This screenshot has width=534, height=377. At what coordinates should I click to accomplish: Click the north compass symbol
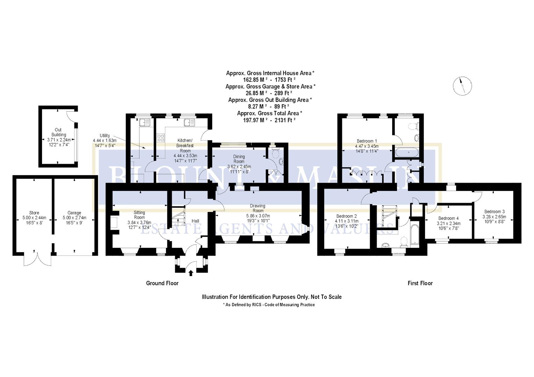point(462,86)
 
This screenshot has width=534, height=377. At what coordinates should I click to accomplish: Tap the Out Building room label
point(58,132)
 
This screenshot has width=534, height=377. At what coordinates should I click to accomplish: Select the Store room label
point(34,213)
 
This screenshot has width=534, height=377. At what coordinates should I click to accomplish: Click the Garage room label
point(74,213)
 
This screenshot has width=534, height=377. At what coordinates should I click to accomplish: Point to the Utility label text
point(105,135)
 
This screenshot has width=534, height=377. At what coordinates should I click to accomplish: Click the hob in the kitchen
point(161,138)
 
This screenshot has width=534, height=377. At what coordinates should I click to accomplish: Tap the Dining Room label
point(239,159)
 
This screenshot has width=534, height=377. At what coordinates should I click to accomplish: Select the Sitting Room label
point(139,215)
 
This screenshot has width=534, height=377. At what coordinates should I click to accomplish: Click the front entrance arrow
point(191,272)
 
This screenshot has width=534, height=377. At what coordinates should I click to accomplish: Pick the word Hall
point(195,221)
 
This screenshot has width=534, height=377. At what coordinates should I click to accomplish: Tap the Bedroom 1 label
point(367,141)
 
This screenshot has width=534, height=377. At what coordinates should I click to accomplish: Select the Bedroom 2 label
point(346,216)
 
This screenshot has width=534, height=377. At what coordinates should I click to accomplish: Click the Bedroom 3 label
point(494,211)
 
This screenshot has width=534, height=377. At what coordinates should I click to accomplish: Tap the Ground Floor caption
point(162,283)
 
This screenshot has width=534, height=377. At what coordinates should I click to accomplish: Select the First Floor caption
point(420,283)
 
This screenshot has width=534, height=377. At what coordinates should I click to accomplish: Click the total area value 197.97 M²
point(258,120)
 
